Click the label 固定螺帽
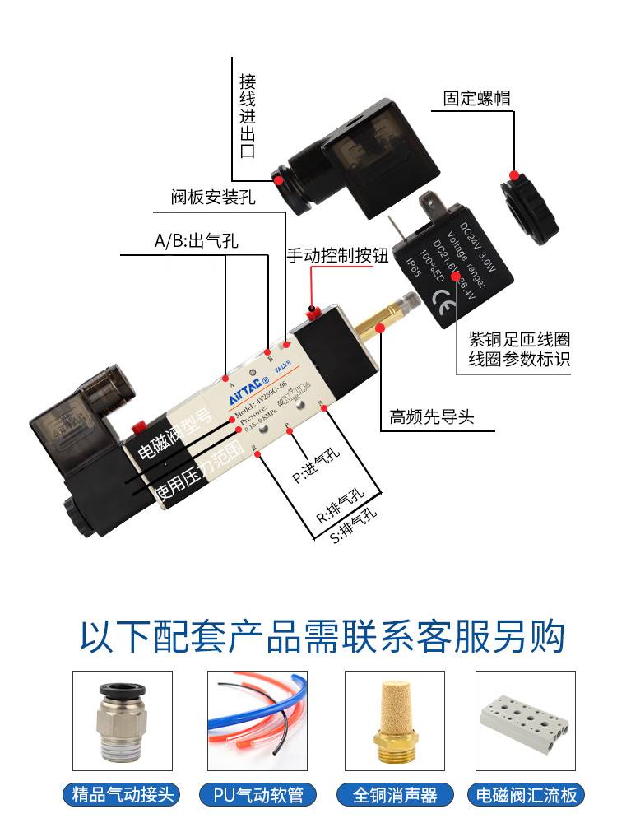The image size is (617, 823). tap(477, 99)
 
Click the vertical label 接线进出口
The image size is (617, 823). tap(248, 116)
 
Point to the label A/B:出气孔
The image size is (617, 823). tap(197, 242)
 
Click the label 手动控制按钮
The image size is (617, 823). tap(336, 255)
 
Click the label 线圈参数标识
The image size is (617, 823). tap(519, 360)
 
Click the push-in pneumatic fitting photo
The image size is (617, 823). tap(123, 721)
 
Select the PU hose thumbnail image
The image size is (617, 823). tap(257, 721)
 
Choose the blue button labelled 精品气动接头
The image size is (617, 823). tap(123, 795)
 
